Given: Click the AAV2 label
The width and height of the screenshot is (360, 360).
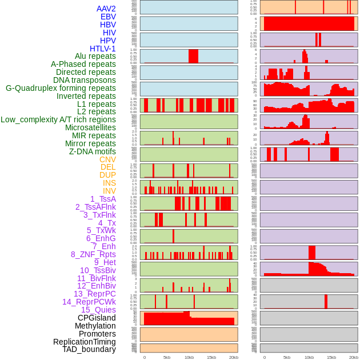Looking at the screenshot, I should (x=106, y=9).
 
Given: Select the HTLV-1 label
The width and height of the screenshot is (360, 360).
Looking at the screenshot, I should (x=102, y=49).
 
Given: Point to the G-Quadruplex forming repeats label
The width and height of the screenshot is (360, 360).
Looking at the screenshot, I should (x=61, y=89).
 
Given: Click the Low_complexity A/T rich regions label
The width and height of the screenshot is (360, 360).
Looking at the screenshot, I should (x=58, y=120).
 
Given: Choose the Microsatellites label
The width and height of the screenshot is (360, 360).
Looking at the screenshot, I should (x=90, y=128).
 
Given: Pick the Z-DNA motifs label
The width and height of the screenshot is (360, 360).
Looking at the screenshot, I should (x=92, y=151).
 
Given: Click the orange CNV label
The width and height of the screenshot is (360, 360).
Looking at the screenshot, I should (x=107, y=159).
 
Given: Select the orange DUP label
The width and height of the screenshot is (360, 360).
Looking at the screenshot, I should (x=107, y=175).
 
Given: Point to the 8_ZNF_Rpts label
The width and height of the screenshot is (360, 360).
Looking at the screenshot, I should (x=93, y=254).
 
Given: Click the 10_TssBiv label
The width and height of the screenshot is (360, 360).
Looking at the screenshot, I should (x=98, y=270).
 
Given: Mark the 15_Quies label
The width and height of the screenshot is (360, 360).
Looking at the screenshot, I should (x=98, y=310).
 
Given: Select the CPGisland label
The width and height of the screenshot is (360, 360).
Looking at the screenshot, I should (x=97, y=318).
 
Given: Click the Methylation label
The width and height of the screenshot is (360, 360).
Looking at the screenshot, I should (x=95, y=326).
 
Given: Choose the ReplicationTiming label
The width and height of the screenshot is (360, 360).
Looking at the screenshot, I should (x=84, y=342).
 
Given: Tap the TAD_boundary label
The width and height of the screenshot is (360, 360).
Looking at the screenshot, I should (x=89, y=349).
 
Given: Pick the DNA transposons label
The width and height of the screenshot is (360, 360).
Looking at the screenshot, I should (x=84, y=81).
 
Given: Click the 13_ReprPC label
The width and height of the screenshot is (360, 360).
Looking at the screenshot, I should (x=94, y=294).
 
